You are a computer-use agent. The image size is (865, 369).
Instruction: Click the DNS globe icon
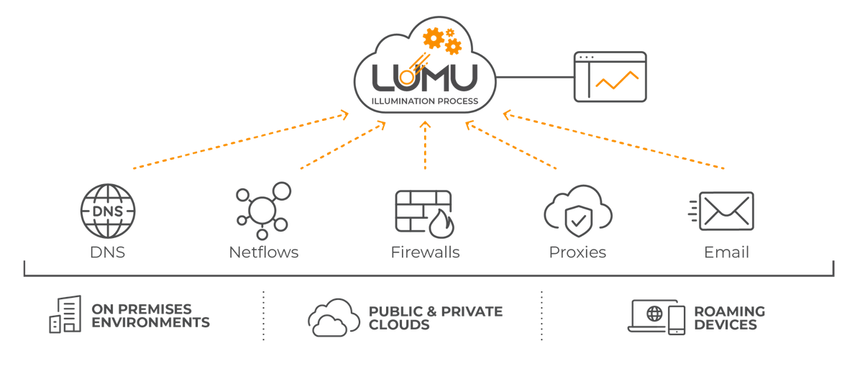click(x=107, y=211)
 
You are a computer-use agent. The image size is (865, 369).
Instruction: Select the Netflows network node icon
click(x=263, y=211)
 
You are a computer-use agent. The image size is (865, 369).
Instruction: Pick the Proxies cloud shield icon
click(x=577, y=211)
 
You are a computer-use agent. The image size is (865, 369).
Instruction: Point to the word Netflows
click(x=263, y=252)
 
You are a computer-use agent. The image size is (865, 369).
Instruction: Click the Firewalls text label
click(x=425, y=252)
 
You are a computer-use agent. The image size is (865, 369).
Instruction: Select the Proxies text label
click(x=577, y=252)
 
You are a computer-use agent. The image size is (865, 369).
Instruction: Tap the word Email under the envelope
click(x=726, y=252)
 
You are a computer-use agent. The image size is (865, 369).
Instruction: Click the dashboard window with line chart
click(x=610, y=76)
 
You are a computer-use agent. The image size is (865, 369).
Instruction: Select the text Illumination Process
click(x=424, y=101)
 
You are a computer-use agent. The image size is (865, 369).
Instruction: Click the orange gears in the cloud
click(x=442, y=40)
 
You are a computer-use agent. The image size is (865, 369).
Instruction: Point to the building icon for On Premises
click(x=65, y=315)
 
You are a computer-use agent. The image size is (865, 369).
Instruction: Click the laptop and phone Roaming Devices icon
click(x=656, y=316)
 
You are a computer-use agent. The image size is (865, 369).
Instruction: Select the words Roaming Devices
click(x=729, y=318)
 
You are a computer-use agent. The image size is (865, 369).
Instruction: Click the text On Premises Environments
click(x=150, y=316)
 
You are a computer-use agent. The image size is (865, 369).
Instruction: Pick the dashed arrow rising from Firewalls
click(x=425, y=145)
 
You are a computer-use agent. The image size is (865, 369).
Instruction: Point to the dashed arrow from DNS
click(x=241, y=140)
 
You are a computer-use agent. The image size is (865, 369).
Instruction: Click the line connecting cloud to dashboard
click(x=534, y=76)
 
